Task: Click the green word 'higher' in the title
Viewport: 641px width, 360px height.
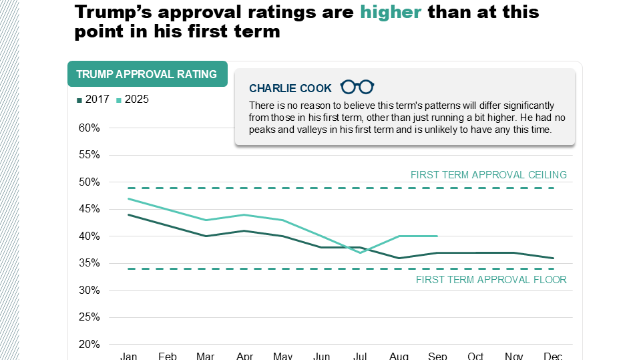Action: (391, 12)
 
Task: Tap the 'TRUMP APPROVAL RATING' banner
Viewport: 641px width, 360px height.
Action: (147, 74)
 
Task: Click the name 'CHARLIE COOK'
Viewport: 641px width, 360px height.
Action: (290, 88)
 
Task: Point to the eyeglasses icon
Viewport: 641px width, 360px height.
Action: (357, 87)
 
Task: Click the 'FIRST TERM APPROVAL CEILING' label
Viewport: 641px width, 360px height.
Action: (488, 175)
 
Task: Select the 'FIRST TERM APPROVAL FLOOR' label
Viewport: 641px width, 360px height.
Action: (491, 280)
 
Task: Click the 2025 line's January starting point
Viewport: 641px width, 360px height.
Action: (128, 198)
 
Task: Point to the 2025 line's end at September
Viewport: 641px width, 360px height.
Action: (437, 236)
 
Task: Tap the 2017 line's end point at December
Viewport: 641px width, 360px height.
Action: (554, 258)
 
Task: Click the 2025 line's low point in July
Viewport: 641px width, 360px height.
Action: (360, 252)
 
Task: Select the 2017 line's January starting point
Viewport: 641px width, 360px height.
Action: (128, 214)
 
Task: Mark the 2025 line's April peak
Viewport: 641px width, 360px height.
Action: (244, 214)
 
